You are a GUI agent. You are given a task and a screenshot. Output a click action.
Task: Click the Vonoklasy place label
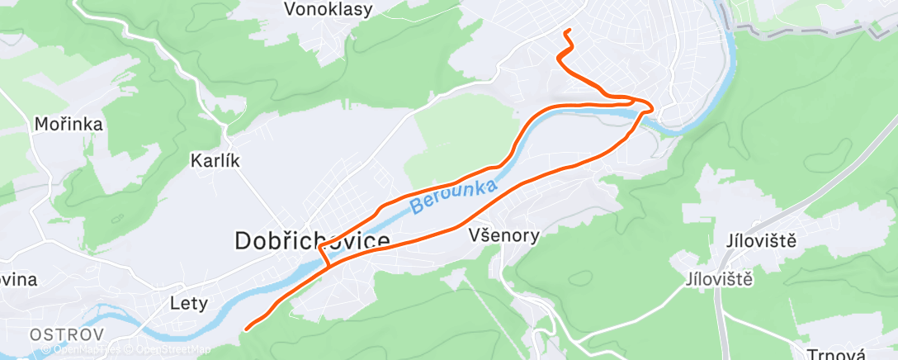[328, 10]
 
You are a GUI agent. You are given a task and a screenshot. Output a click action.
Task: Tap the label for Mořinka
[69, 125]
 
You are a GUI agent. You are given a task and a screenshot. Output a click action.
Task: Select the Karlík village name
[215, 160]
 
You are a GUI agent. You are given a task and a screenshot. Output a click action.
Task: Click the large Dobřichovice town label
[312, 241]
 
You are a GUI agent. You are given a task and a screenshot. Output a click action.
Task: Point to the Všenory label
[503, 235]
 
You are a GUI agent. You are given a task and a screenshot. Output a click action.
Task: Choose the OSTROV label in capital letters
[67, 334]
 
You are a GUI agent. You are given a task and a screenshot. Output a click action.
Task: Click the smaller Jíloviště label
[719, 279]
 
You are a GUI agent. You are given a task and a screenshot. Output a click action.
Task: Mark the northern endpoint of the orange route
[566, 31]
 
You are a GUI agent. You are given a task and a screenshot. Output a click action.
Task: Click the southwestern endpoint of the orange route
[246, 329]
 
